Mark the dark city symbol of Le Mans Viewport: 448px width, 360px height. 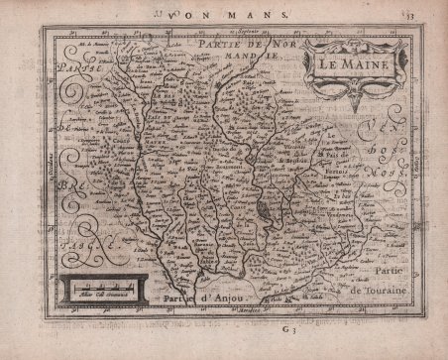(x=262, y=212)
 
